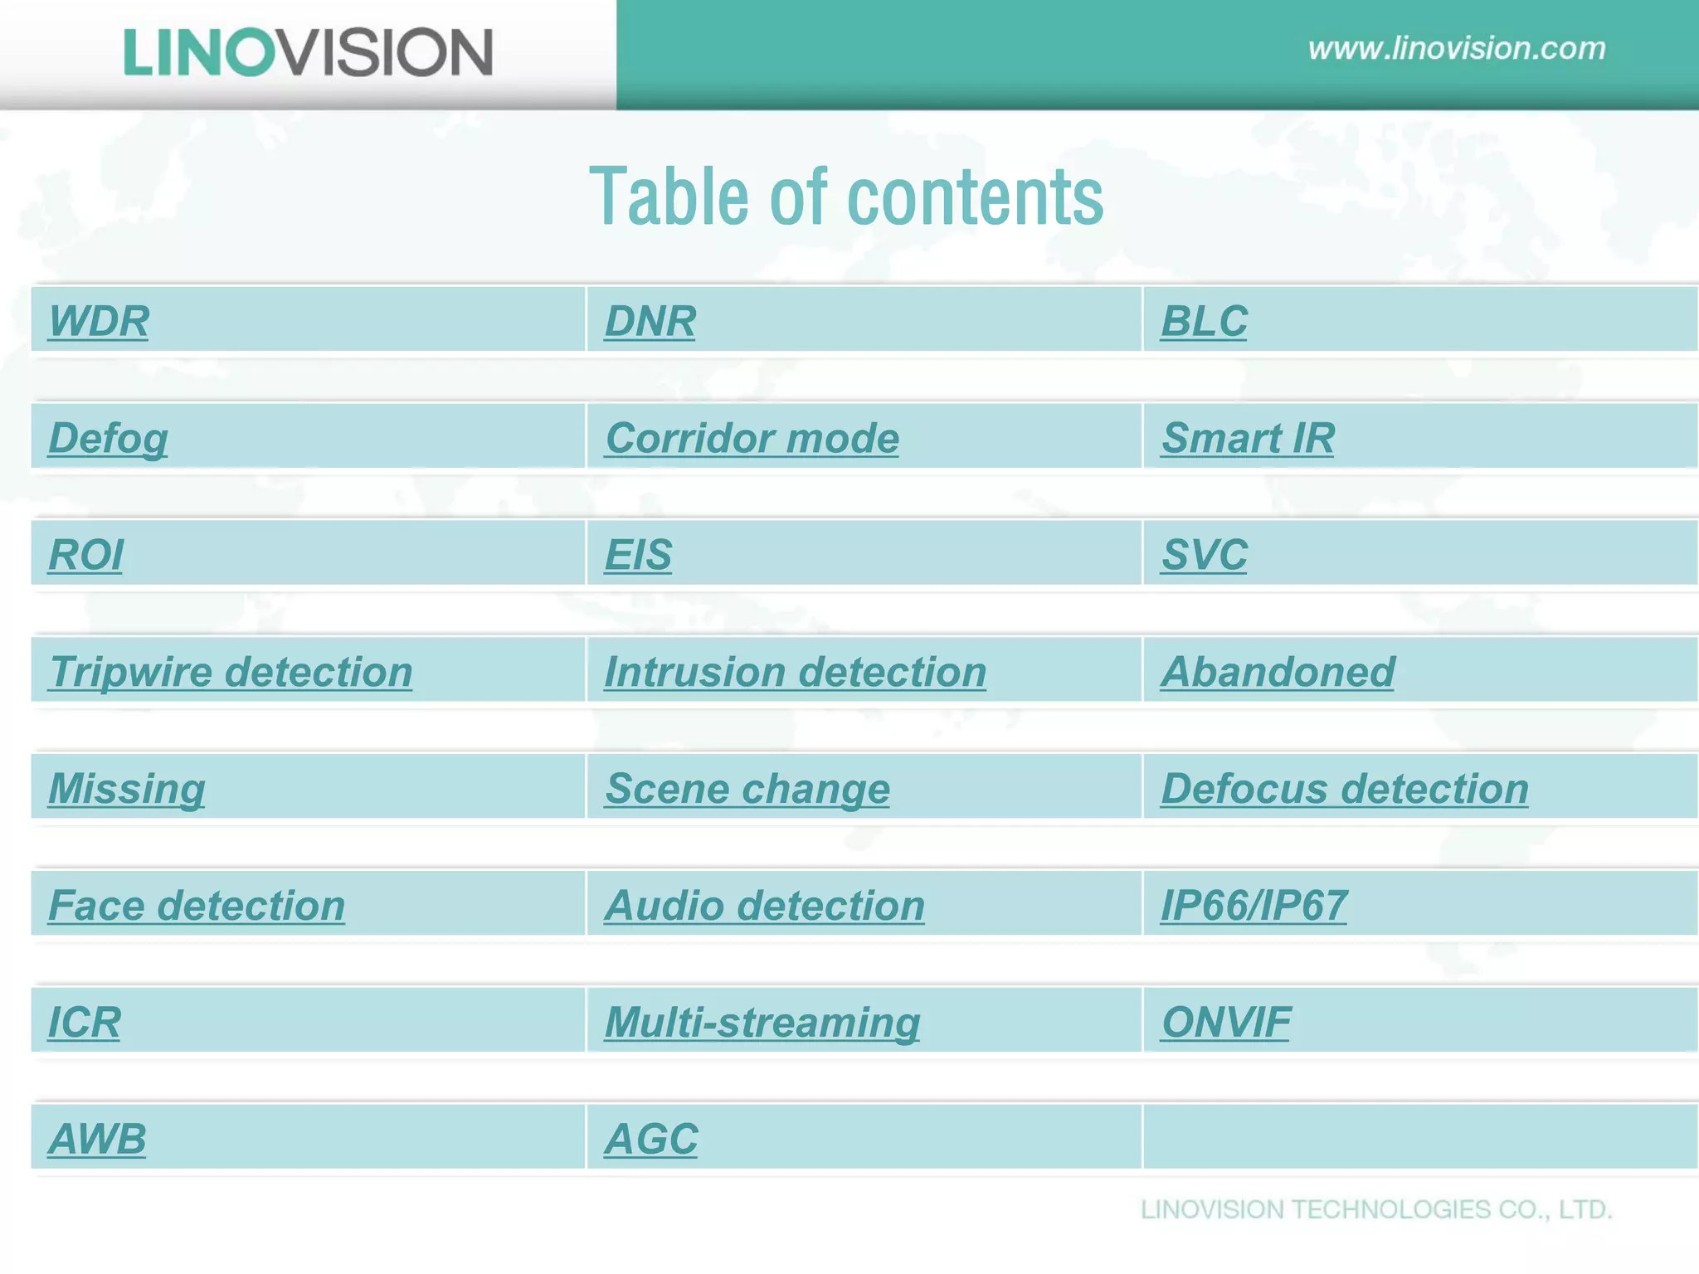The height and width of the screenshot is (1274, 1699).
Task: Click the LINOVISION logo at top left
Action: (x=308, y=52)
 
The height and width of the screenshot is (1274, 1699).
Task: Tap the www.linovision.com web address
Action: (x=1457, y=48)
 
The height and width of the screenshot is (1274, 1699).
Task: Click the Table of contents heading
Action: (x=846, y=197)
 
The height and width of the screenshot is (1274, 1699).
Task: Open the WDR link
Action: (x=99, y=321)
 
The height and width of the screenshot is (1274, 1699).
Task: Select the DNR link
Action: (x=650, y=321)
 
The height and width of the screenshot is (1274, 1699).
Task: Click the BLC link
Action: (x=1204, y=321)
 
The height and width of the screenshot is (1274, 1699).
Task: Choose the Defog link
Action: (x=108, y=438)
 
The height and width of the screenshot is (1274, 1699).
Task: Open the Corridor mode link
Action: (x=752, y=438)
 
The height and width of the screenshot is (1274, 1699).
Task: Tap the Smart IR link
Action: (x=1248, y=438)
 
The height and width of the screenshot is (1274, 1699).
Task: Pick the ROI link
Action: (x=85, y=555)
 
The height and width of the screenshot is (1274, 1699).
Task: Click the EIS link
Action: (x=638, y=555)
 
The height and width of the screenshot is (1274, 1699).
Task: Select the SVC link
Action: (x=1204, y=555)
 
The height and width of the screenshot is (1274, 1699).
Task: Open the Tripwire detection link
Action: (x=231, y=672)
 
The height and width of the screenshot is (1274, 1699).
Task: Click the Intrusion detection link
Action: (x=795, y=672)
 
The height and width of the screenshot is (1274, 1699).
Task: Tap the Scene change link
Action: (x=747, y=789)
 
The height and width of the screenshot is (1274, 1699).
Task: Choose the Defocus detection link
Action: (x=1344, y=789)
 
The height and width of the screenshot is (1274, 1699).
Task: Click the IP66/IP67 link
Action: (x=1254, y=905)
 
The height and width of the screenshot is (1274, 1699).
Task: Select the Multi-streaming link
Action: (x=762, y=1022)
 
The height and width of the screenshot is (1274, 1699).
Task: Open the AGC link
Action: (x=650, y=1139)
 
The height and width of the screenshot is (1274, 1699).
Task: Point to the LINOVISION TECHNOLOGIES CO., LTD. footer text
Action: (x=1376, y=1209)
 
